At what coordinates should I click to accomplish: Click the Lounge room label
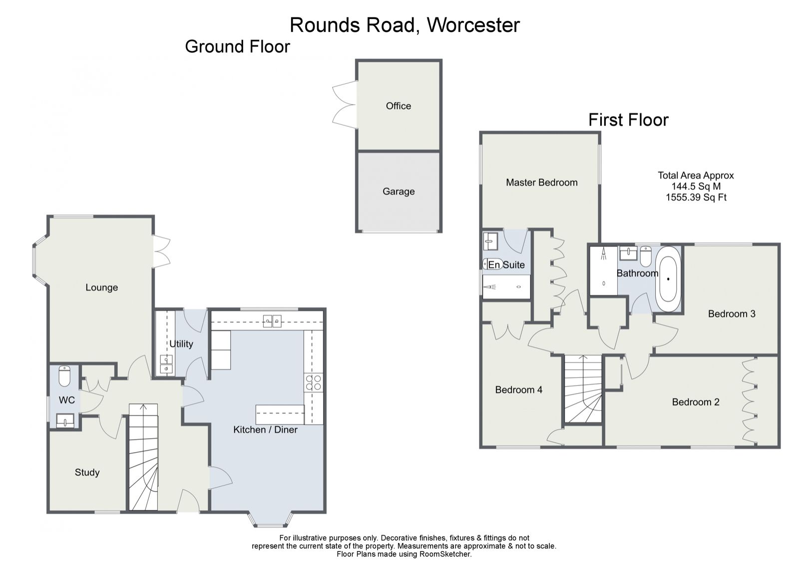pyautogui.click(x=101, y=287)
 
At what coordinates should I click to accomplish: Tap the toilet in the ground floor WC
pyautogui.click(x=65, y=376)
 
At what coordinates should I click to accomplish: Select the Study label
pyautogui.click(x=87, y=472)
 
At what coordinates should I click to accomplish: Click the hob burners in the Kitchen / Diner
pyautogui.click(x=314, y=383)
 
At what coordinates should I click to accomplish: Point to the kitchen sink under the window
pyautogui.click(x=272, y=321)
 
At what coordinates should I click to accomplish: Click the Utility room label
pyautogui.click(x=181, y=344)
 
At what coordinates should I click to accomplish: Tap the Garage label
pyautogui.click(x=399, y=191)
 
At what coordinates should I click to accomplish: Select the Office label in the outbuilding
pyautogui.click(x=398, y=106)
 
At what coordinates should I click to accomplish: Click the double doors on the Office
pyautogui.click(x=344, y=104)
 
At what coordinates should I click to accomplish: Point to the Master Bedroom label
pyautogui.click(x=541, y=182)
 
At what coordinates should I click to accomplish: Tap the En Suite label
pyautogui.click(x=506, y=265)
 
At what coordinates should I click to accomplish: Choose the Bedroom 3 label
pyautogui.click(x=731, y=314)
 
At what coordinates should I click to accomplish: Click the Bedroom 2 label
pyautogui.click(x=695, y=402)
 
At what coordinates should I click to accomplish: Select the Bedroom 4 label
pyautogui.click(x=518, y=390)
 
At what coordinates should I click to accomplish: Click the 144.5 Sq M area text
pyautogui.click(x=696, y=186)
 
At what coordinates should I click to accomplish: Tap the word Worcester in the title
pyautogui.click(x=473, y=25)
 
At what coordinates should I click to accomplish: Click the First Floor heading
pyautogui.click(x=628, y=120)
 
